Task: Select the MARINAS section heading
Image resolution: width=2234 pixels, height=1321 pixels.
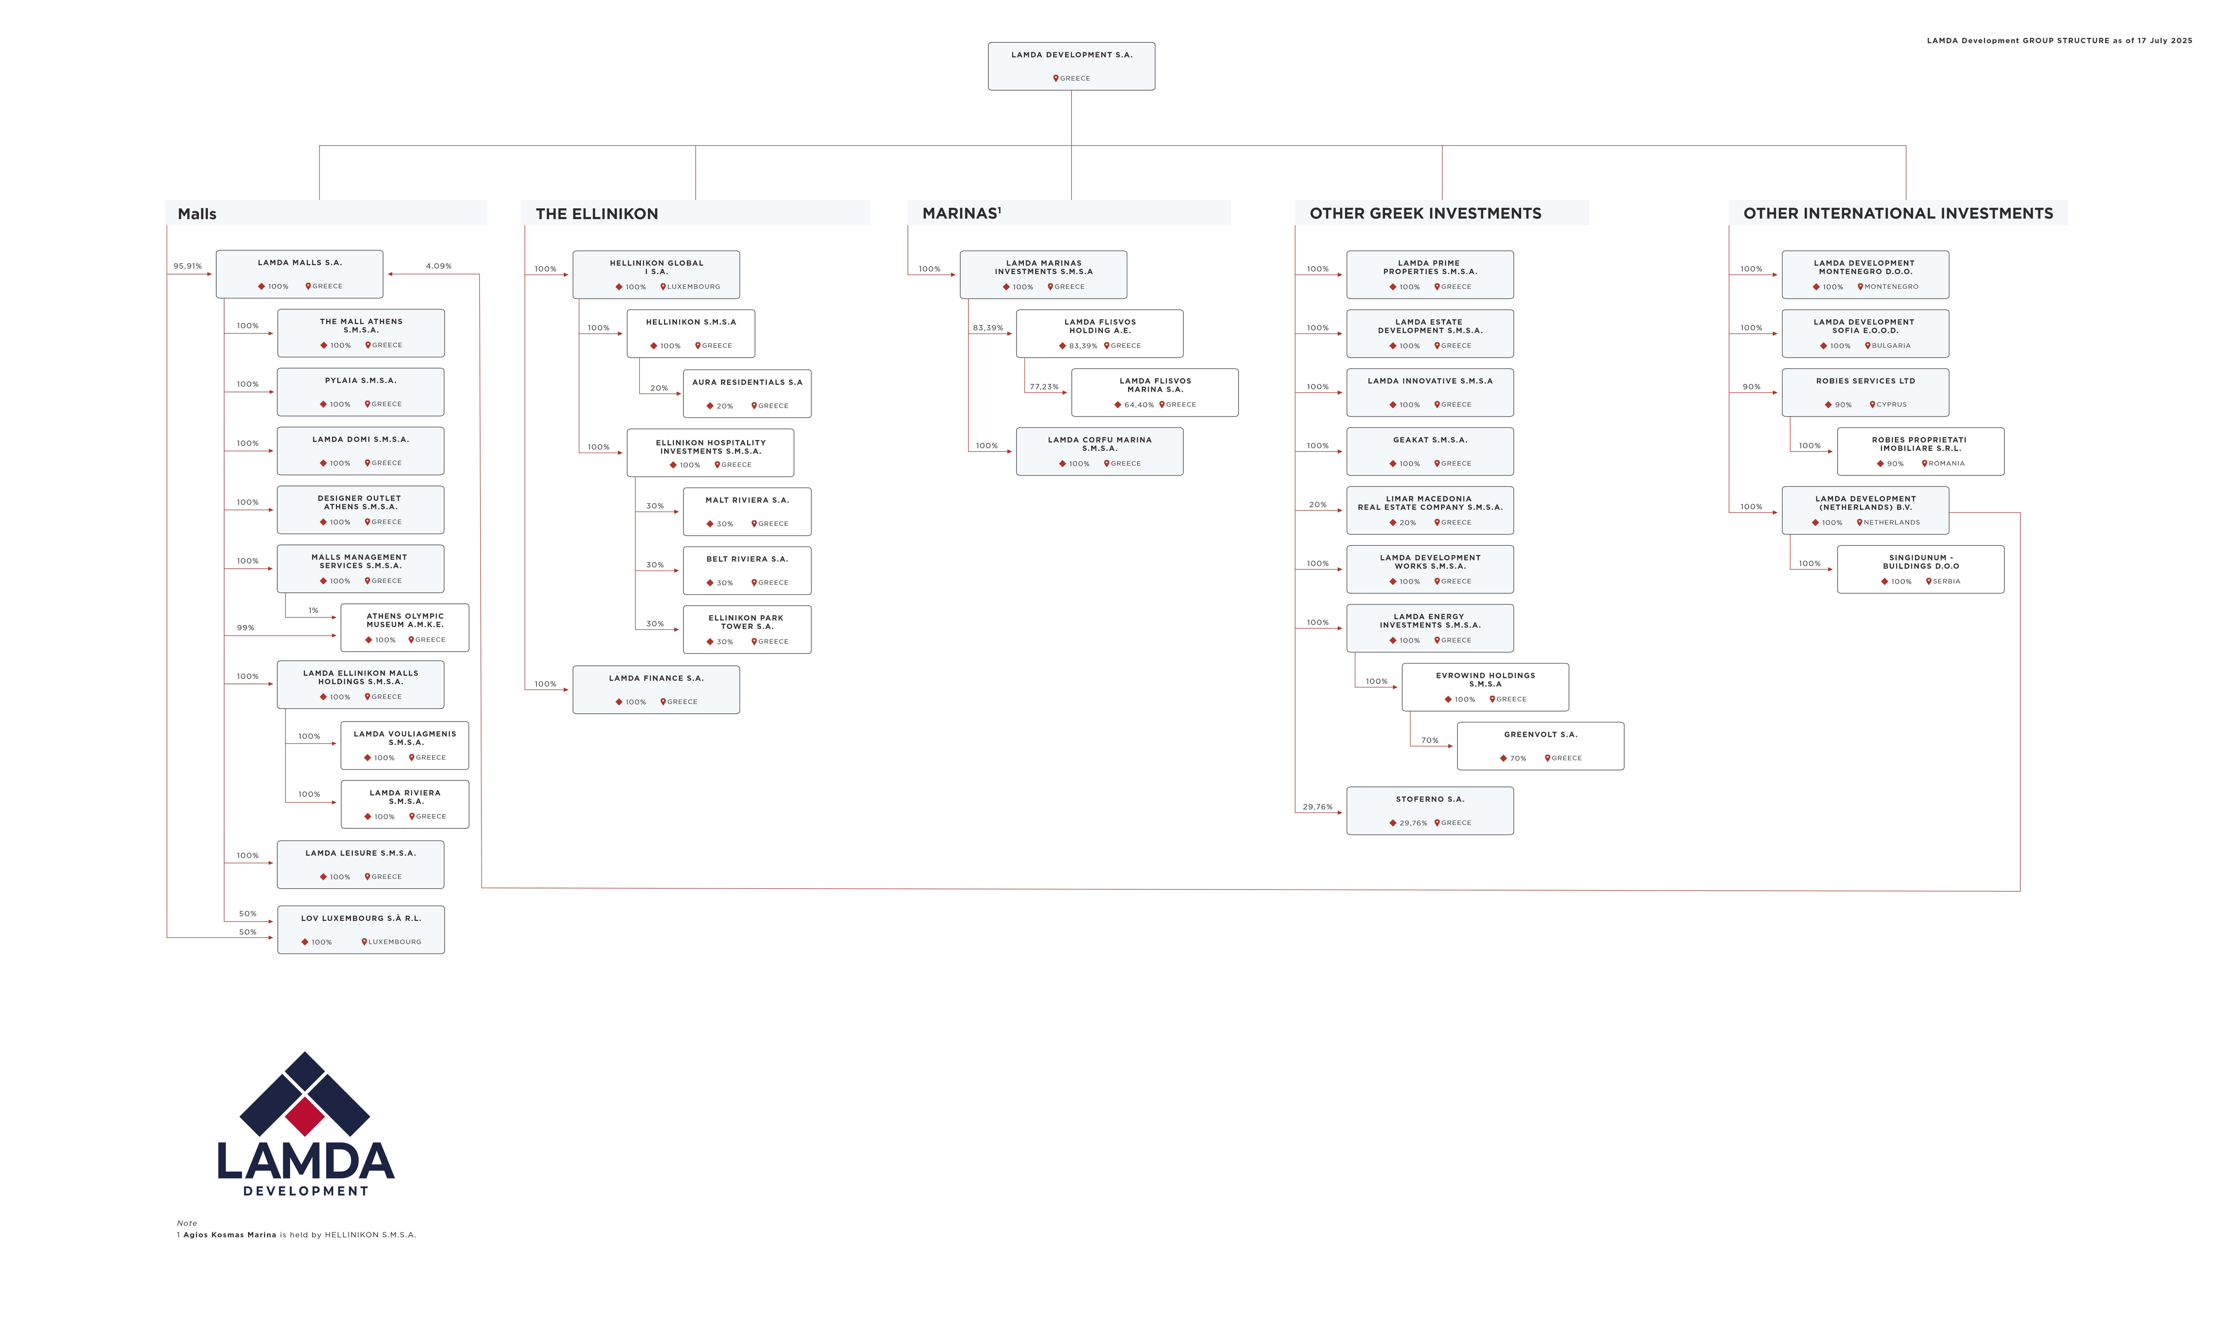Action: pos(961,213)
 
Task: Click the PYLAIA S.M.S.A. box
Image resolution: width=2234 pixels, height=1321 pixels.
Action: pos(360,392)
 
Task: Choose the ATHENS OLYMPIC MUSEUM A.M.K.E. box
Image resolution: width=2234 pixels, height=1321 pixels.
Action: pos(405,628)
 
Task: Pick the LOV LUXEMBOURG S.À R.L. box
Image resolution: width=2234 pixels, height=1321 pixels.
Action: pos(360,929)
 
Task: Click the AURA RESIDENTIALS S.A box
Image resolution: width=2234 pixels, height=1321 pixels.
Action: pos(747,394)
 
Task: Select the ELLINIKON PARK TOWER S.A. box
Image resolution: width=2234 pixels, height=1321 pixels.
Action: pos(747,629)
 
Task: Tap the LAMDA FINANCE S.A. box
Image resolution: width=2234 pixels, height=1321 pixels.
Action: pos(656,690)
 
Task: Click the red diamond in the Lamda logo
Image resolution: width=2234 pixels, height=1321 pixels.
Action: pos(305,1115)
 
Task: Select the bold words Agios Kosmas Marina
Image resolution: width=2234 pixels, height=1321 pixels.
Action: pos(230,1235)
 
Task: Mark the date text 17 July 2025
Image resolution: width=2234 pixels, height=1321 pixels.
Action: pos(2168,40)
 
